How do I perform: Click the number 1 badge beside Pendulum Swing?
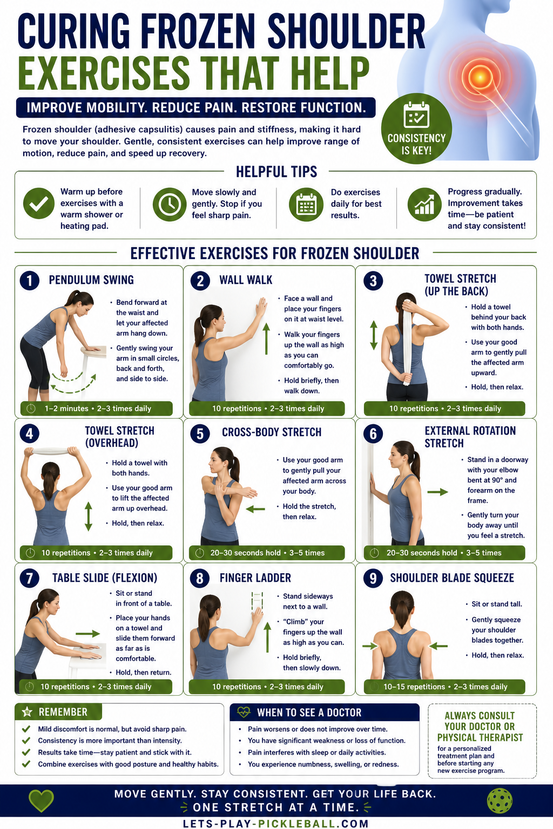(30, 280)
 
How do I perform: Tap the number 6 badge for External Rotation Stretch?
(373, 433)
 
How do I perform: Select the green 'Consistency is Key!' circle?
(416, 128)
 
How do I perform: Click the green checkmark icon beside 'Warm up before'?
(39, 203)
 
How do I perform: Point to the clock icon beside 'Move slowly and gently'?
(169, 205)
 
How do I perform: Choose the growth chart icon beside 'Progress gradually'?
(424, 205)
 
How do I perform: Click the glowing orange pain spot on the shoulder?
(480, 77)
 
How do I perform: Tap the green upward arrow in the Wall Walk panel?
(266, 338)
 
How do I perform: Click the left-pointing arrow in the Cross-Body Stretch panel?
(255, 509)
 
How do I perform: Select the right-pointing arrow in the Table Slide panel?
(88, 634)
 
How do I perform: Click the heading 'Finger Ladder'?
(255, 577)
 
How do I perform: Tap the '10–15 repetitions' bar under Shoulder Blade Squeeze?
(444, 687)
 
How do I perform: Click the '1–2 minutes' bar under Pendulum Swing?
(96, 409)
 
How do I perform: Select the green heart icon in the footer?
(41, 800)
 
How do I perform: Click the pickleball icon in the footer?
(500, 801)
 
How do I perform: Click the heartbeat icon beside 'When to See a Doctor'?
(244, 712)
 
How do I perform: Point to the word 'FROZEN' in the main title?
(198, 31)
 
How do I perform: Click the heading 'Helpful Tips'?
(276, 172)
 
